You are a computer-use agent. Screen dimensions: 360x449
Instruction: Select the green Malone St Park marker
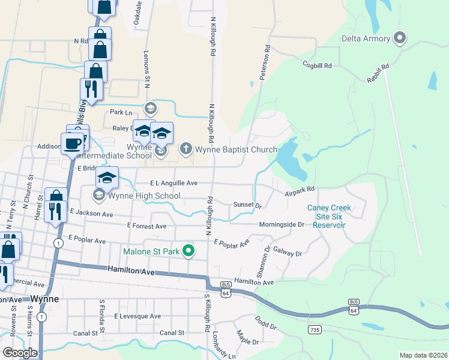pos(188,251)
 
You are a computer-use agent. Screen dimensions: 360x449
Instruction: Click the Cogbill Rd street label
pos(317,65)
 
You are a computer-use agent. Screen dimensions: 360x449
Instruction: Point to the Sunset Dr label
pos(248,205)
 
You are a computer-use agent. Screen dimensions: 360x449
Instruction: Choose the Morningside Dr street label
pos(282,224)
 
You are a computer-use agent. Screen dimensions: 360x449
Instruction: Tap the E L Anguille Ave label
pos(174,183)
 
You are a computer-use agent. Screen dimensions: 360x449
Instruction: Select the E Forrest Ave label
pos(146,226)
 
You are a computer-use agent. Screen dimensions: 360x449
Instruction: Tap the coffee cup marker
pos(72,143)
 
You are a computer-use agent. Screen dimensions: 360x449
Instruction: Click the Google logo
pos(19,353)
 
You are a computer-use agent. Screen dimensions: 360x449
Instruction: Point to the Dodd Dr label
pos(265,323)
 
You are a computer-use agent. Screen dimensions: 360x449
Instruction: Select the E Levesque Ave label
pos(138,316)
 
